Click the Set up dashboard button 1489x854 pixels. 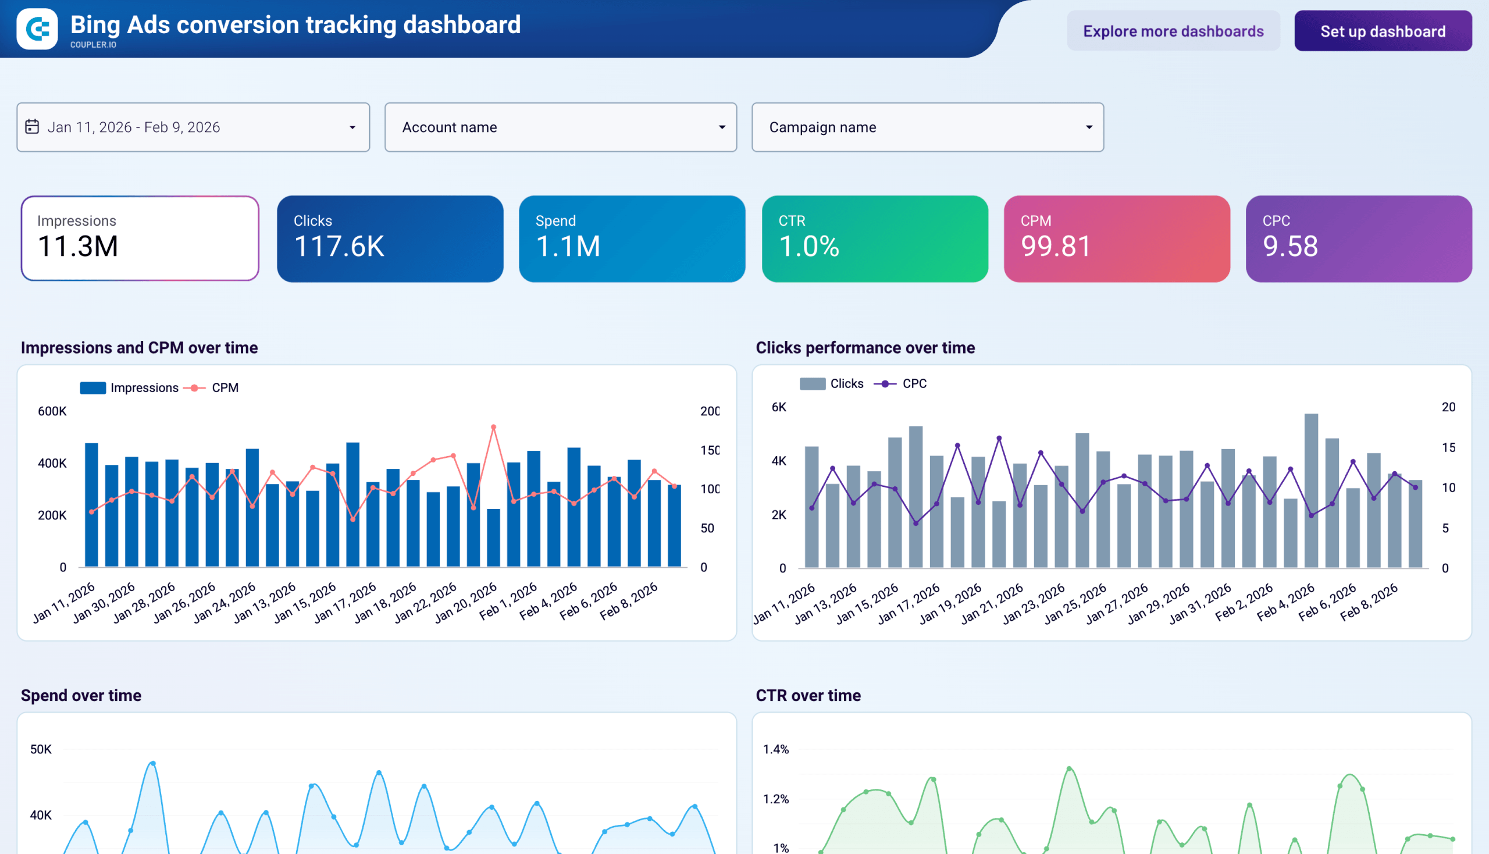(x=1382, y=31)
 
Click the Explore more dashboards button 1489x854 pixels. (x=1173, y=31)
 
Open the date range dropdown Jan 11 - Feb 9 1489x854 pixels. (x=193, y=127)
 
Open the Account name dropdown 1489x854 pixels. (x=560, y=127)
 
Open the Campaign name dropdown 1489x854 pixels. (x=927, y=127)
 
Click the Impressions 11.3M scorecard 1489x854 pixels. (x=140, y=238)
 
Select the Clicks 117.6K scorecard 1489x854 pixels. (x=390, y=238)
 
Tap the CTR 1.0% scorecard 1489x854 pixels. (x=874, y=238)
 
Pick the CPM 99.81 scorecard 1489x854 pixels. (x=1117, y=238)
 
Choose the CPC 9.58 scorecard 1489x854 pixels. (x=1358, y=238)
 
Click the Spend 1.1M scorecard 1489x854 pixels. (x=632, y=238)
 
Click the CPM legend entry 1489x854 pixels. (x=224, y=387)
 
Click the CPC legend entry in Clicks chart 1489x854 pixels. (x=914, y=383)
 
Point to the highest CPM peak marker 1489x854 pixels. (x=493, y=427)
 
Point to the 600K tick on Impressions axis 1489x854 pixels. (x=52, y=411)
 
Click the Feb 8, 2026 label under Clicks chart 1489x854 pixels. (x=1369, y=602)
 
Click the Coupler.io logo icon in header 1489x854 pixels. (x=37, y=29)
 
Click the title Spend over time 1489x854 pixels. (x=81, y=695)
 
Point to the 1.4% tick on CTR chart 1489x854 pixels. (x=775, y=749)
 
